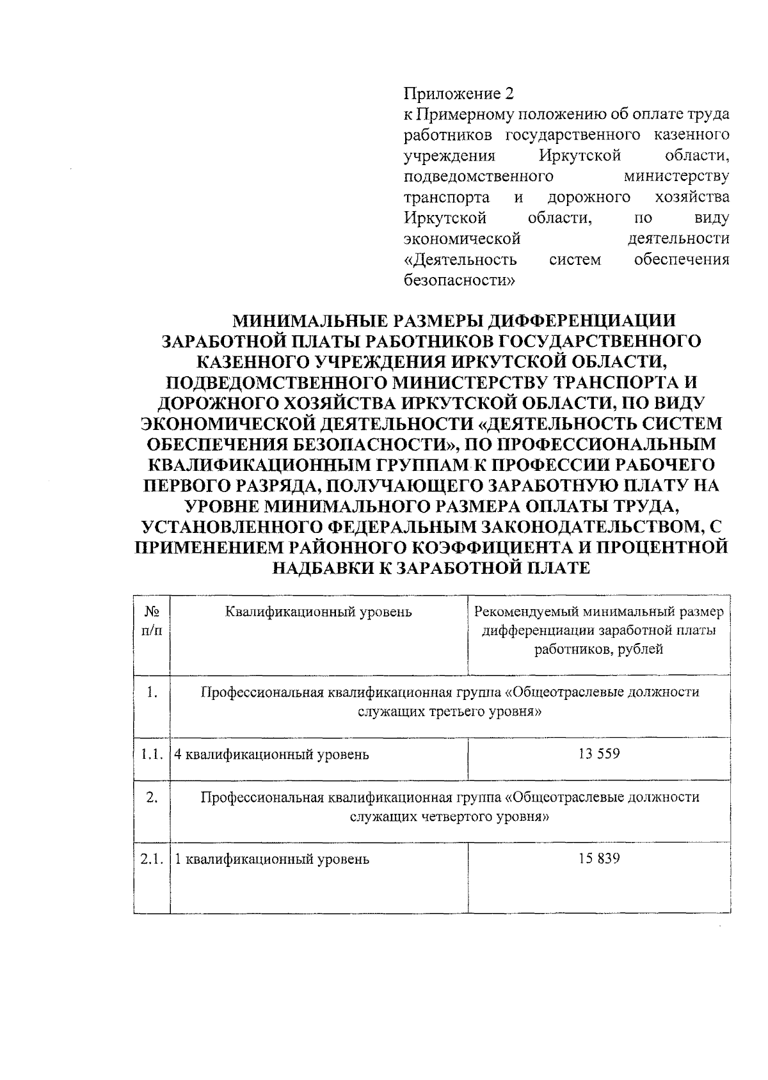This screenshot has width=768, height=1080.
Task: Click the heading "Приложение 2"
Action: (458, 94)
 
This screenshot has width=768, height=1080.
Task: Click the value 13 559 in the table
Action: (598, 754)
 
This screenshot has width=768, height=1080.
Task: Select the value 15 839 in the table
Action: (598, 859)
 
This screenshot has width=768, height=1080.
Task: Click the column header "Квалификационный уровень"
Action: (318, 612)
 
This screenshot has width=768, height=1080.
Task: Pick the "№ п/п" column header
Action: (152, 621)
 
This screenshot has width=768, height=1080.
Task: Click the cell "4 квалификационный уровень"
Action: (272, 754)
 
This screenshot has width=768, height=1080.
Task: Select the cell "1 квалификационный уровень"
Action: (272, 859)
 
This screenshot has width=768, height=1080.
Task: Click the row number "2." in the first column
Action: (152, 797)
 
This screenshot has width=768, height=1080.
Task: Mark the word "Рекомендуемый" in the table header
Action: (521, 612)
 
